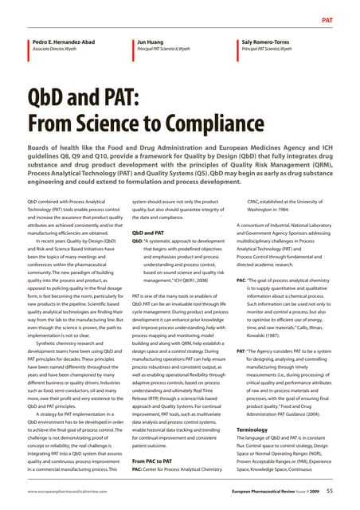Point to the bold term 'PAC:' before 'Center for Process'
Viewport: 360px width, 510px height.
(139, 470)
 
